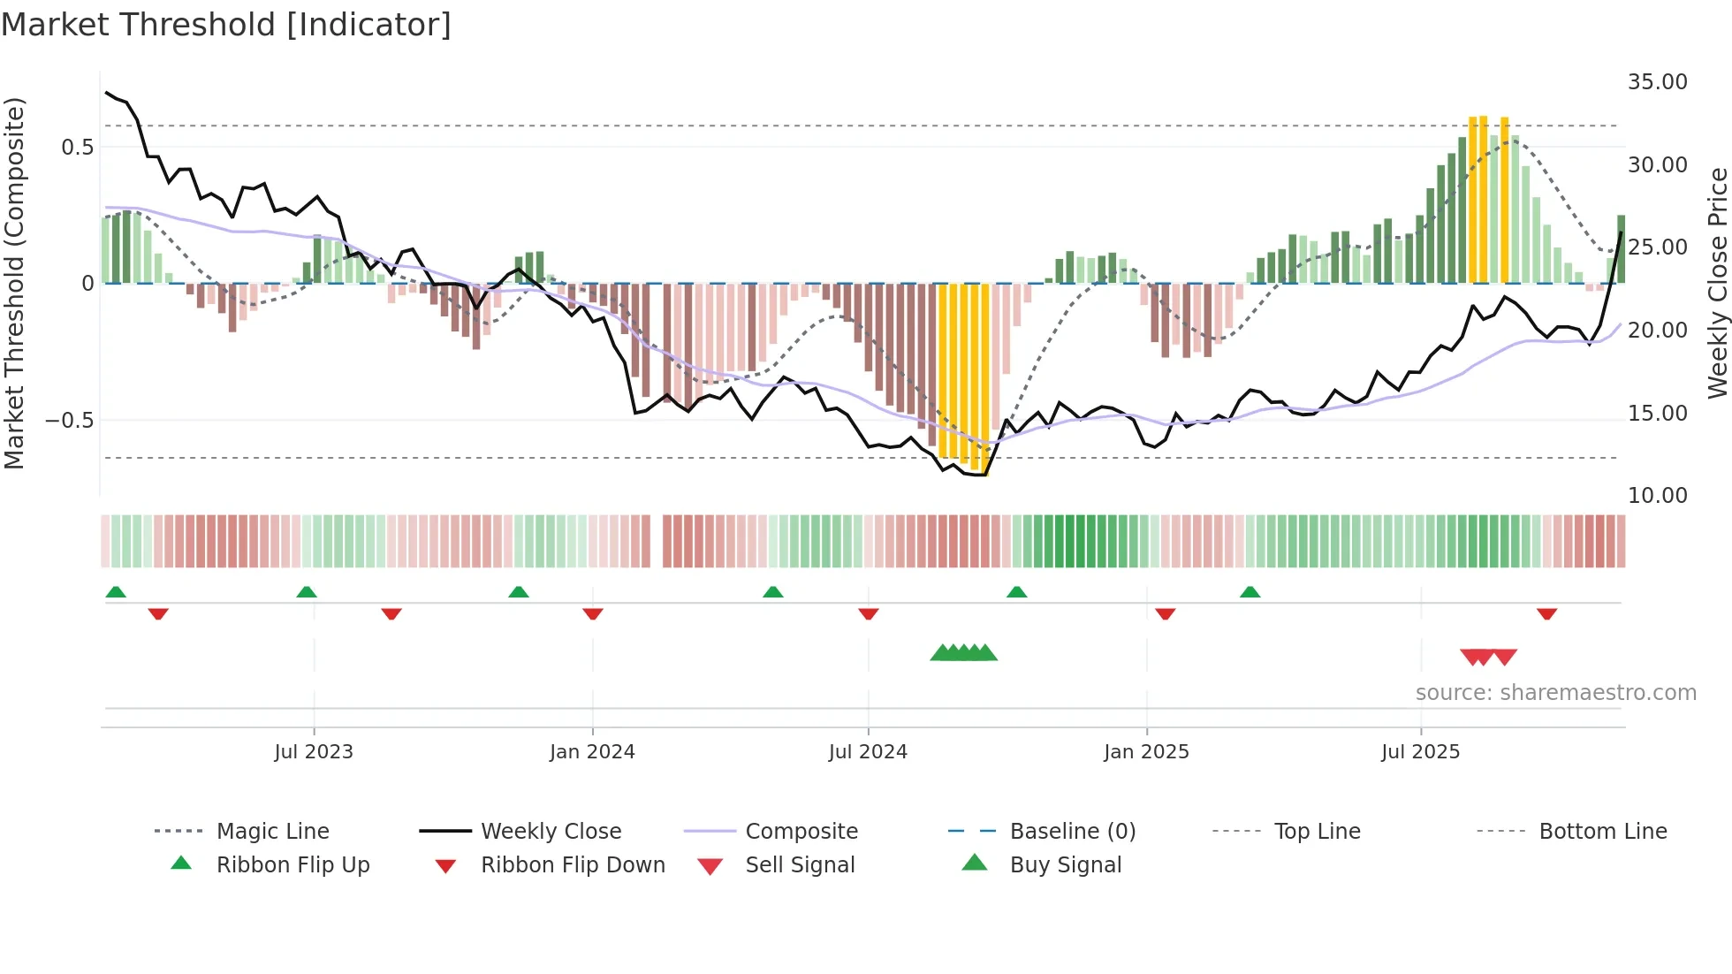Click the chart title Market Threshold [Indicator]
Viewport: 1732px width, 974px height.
click(226, 25)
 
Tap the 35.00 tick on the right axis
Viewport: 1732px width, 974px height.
click(1657, 82)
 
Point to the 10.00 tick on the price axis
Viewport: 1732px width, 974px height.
click(1657, 496)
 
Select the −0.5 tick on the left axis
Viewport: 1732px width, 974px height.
click(69, 421)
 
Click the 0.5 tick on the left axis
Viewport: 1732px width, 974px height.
click(77, 148)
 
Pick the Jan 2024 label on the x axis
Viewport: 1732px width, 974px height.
click(592, 752)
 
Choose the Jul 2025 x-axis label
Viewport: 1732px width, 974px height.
click(1420, 752)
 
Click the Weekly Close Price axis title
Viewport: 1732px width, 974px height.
click(1717, 283)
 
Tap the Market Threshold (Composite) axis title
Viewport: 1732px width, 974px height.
click(14, 283)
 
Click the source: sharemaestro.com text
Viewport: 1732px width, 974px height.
click(1555, 693)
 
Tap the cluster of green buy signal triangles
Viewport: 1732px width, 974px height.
click(963, 653)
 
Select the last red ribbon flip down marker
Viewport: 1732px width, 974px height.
click(1546, 613)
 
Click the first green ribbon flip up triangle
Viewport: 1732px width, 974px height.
click(116, 592)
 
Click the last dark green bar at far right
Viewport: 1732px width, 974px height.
click(1621, 249)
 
